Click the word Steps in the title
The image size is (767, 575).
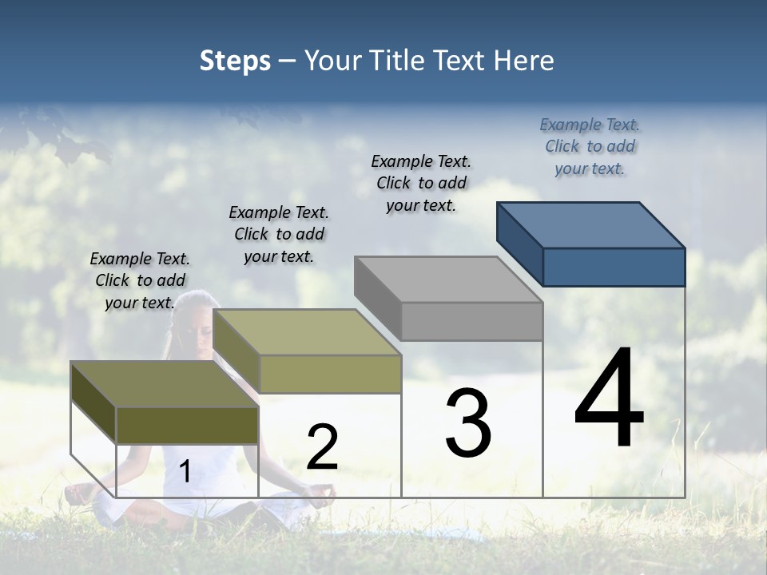[x=234, y=61]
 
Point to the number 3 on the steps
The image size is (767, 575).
[x=468, y=423]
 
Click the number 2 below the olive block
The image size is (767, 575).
[x=322, y=447]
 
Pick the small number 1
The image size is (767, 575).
[x=185, y=472]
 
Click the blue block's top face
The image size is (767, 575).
[x=591, y=224]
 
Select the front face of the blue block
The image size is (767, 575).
[x=614, y=267]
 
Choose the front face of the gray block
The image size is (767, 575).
[x=471, y=322]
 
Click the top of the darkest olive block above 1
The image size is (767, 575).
[x=165, y=384]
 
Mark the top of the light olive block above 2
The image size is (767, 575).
[x=307, y=332]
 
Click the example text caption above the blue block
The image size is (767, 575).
[x=590, y=146]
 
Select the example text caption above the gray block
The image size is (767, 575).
[x=421, y=183]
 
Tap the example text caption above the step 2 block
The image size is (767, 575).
[x=279, y=234]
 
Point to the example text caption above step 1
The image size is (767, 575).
[x=140, y=280]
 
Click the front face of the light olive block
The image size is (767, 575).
[x=330, y=374]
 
